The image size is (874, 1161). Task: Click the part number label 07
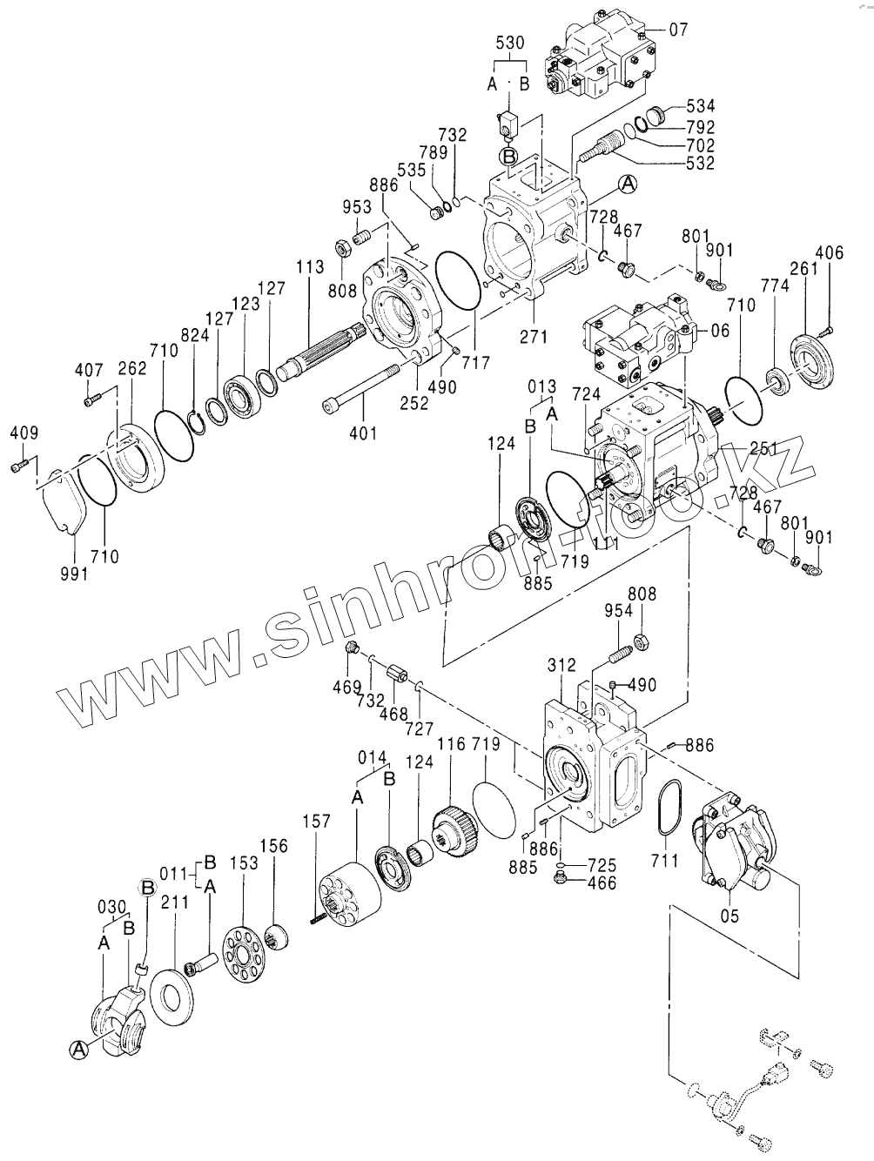point(678,30)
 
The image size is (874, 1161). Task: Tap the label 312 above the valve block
point(561,666)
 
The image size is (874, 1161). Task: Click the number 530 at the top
point(509,43)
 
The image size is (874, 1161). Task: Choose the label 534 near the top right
point(700,105)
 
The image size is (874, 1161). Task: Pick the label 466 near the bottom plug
point(601,883)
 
